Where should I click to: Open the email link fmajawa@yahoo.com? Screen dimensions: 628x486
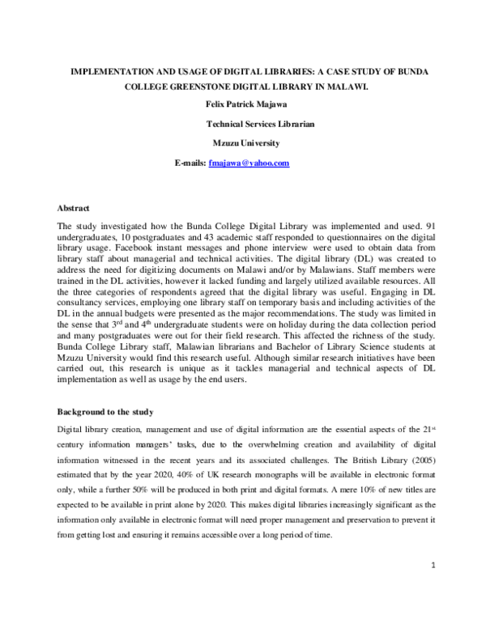tap(249, 163)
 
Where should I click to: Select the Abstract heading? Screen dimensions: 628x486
tap(74, 209)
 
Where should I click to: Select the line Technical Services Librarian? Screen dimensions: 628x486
tap(260, 125)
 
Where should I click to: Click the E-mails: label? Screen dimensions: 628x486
tap(190, 163)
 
